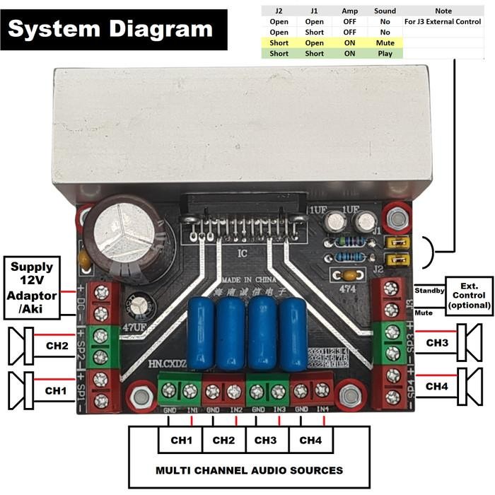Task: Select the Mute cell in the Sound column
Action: pyautogui.click(x=385, y=42)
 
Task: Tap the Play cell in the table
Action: pyautogui.click(x=385, y=53)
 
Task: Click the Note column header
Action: pyautogui.click(x=443, y=11)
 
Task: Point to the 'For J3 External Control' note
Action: pyautogui.click(x=443, y=21)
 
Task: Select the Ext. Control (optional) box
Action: pyautogui.click(x=468, y=296)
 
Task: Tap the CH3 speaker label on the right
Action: pyautogui.click(x=438, y=342)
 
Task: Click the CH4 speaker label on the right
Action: pyautogui.click(x=438, y=386)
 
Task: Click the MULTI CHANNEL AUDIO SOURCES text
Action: pyautogui.click(x=249, y=470)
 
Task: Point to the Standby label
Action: pyautogui.click(x=428, y=290)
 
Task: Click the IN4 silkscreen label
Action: pyautogui.click(x=322, y=409)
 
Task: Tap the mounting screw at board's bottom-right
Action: pyautogui.click(x=349, y=395)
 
